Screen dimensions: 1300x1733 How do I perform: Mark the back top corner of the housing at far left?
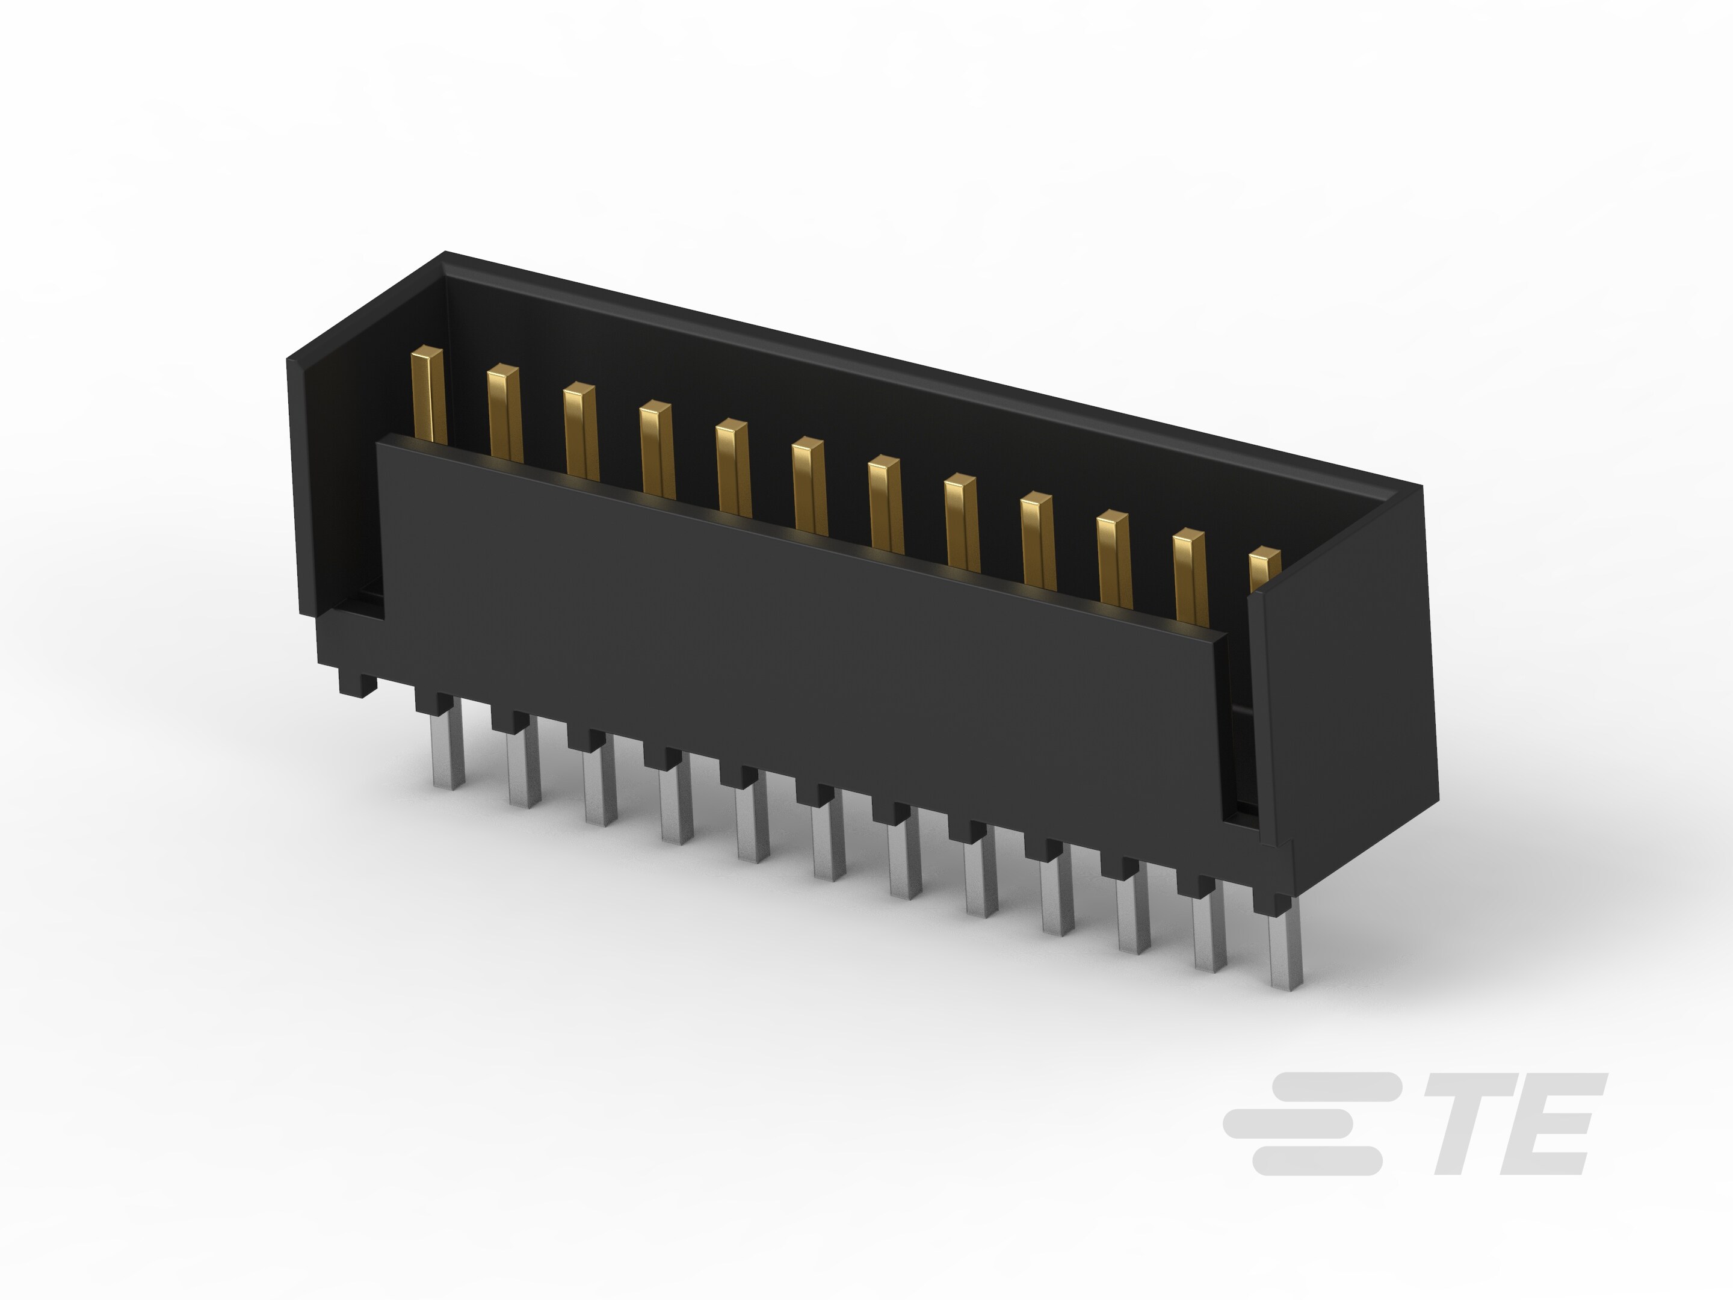click(x=446, y=255)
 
